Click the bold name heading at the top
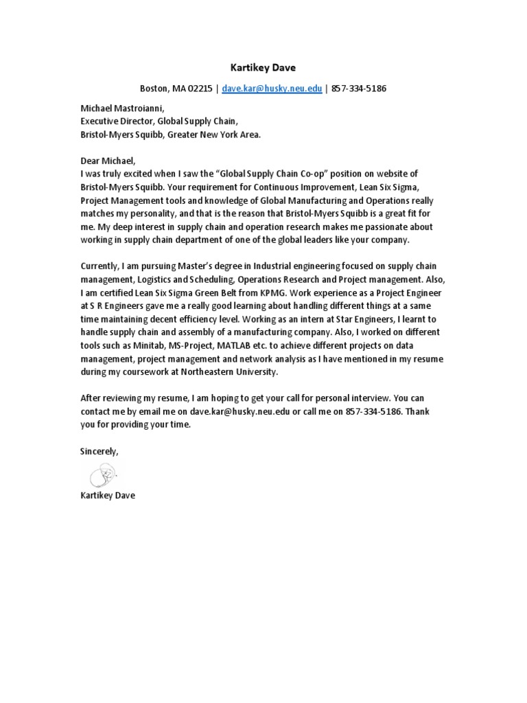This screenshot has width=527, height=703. click(263, 68)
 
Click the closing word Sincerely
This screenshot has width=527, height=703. click(99, 451)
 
